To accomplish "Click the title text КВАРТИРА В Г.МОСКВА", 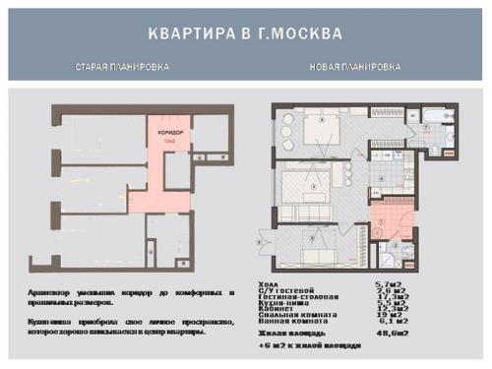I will (x=245, y=33).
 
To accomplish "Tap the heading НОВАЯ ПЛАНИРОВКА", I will (x=354, y=68).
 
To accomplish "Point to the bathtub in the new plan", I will (x=434, y=126).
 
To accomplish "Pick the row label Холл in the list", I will (x=269, y=283).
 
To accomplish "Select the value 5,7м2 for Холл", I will (x=389, y=283).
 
